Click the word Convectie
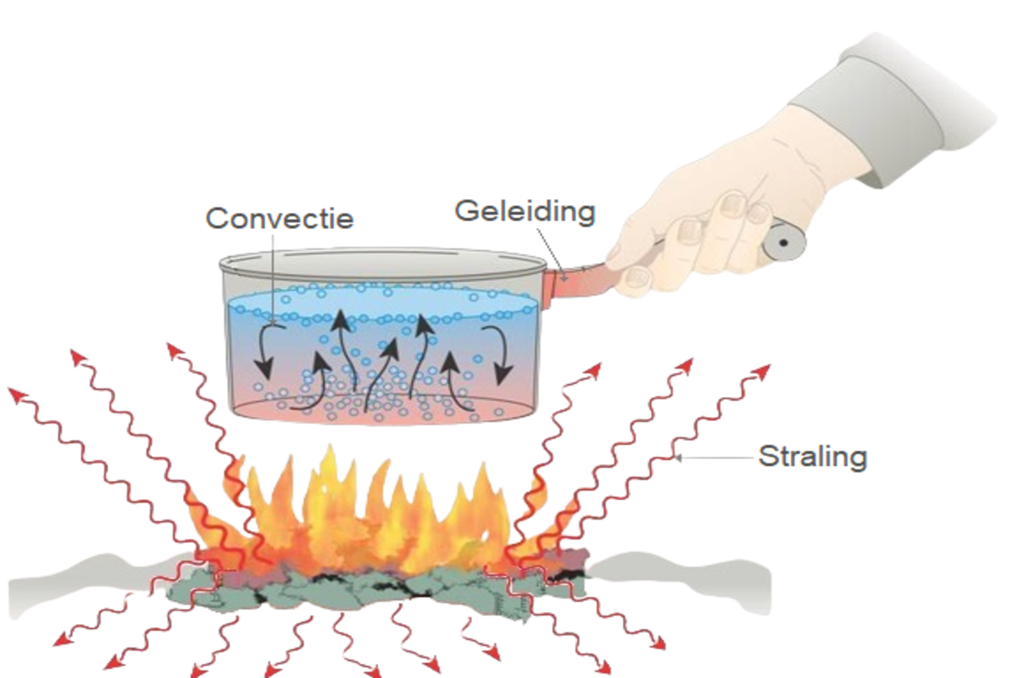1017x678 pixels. coord(280,219)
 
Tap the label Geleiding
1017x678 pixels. coord(525,212)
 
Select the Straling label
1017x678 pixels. coord(813,457)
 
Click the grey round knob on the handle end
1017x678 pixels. coord(783,242)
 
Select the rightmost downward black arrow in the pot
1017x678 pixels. coord(498,354)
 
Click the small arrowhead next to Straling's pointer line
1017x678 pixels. coord(678,458)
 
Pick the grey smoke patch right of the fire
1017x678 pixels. coord(681,581)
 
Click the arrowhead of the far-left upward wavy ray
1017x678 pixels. coord(17,396)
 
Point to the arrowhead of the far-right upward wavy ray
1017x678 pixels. coord(763,371)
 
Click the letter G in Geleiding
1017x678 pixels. coord(467,212)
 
